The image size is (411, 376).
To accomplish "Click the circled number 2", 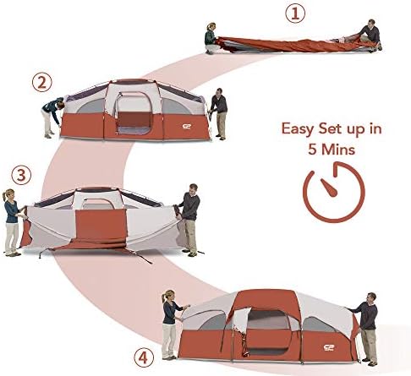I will click(x=39, y=83).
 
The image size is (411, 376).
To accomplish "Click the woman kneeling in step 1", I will click(x=211, y=38).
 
